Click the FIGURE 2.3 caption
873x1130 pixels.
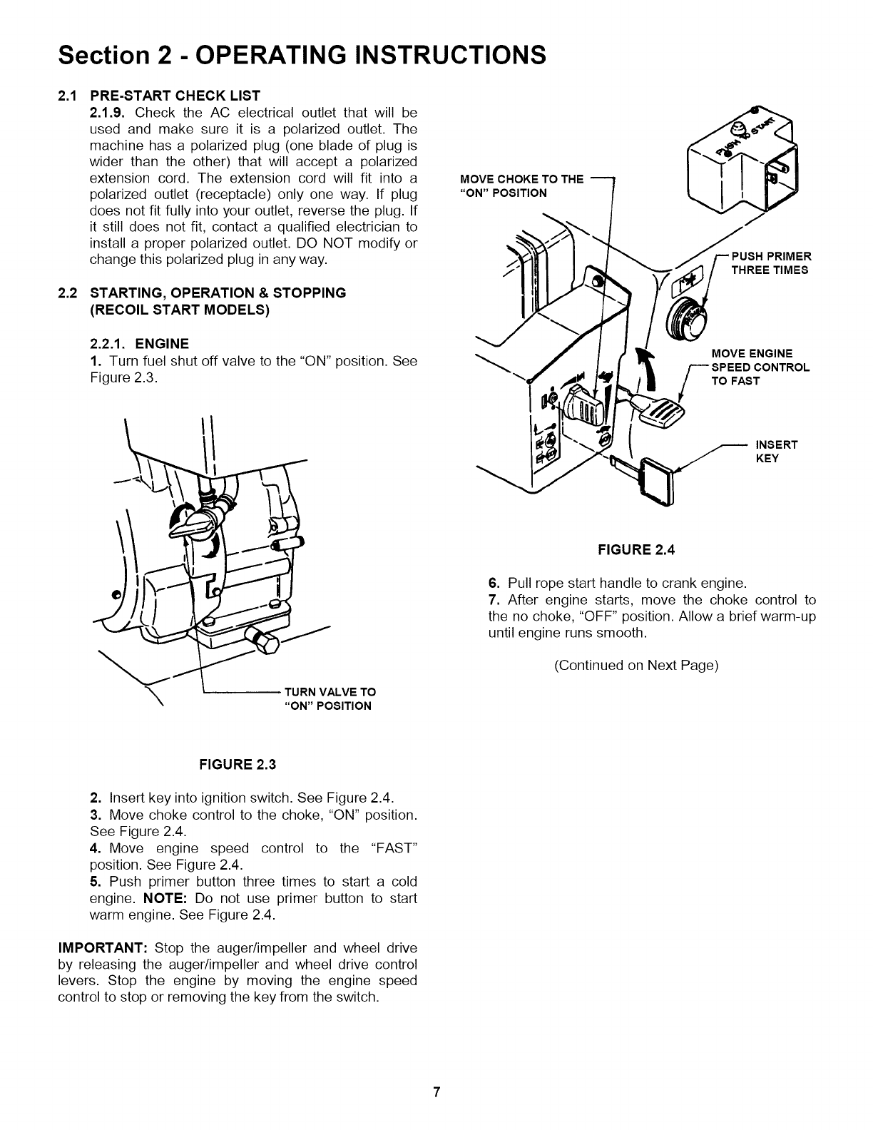(233, 765)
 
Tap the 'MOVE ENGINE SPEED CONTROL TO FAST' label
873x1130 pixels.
(760, 367)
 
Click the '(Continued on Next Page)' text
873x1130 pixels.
(636, 666)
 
